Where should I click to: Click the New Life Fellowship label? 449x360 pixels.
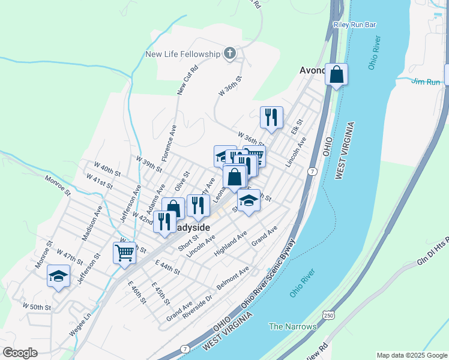(183, 55)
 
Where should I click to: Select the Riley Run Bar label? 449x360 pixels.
(354, 25)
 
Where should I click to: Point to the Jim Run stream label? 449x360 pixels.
(426, 82)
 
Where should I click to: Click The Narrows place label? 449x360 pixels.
(292, 326)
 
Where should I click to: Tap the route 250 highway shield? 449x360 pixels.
(328, 314)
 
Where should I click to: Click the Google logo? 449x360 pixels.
(20, 352)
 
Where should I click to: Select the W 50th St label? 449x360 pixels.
(37, 307)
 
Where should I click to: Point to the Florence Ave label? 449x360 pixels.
(169, 136)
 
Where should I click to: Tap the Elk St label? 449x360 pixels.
(295, 130)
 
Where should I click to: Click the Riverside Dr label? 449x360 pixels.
(197, 306)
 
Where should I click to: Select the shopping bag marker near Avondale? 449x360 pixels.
(337, 76)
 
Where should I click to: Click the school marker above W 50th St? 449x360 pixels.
(58, 276)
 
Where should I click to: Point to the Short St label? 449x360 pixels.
(188, 244)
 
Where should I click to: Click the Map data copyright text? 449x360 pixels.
(412, 355)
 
